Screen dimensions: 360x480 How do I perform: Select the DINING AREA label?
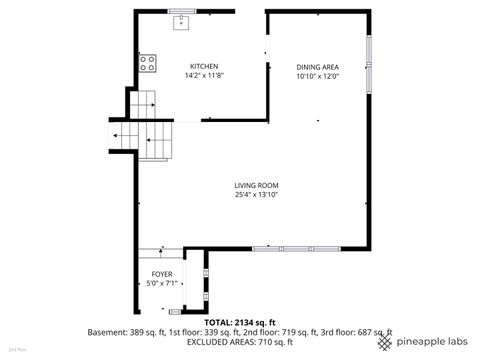[318, 67]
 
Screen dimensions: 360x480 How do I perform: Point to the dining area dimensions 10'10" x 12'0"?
[318, 76]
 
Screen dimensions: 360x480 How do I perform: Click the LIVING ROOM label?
[256, 185]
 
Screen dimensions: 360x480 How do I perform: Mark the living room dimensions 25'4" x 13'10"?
[256, 194]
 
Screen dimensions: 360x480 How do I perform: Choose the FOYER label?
[162, 274]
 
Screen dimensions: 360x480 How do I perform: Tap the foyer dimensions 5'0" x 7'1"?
[162, 283]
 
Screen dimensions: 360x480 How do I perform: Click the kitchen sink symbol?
[182, 23]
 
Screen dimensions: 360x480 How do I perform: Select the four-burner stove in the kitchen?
[147, 63]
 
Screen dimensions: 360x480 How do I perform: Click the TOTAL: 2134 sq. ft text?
[240, 322]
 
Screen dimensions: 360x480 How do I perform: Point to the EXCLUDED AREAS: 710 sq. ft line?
[240, 341]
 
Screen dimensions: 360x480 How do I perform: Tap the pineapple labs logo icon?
[386, 341]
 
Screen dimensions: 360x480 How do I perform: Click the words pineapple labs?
[430, 342]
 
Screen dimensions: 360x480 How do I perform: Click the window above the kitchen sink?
[182, 11]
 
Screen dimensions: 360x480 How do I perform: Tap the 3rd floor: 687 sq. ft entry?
[355, 332]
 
